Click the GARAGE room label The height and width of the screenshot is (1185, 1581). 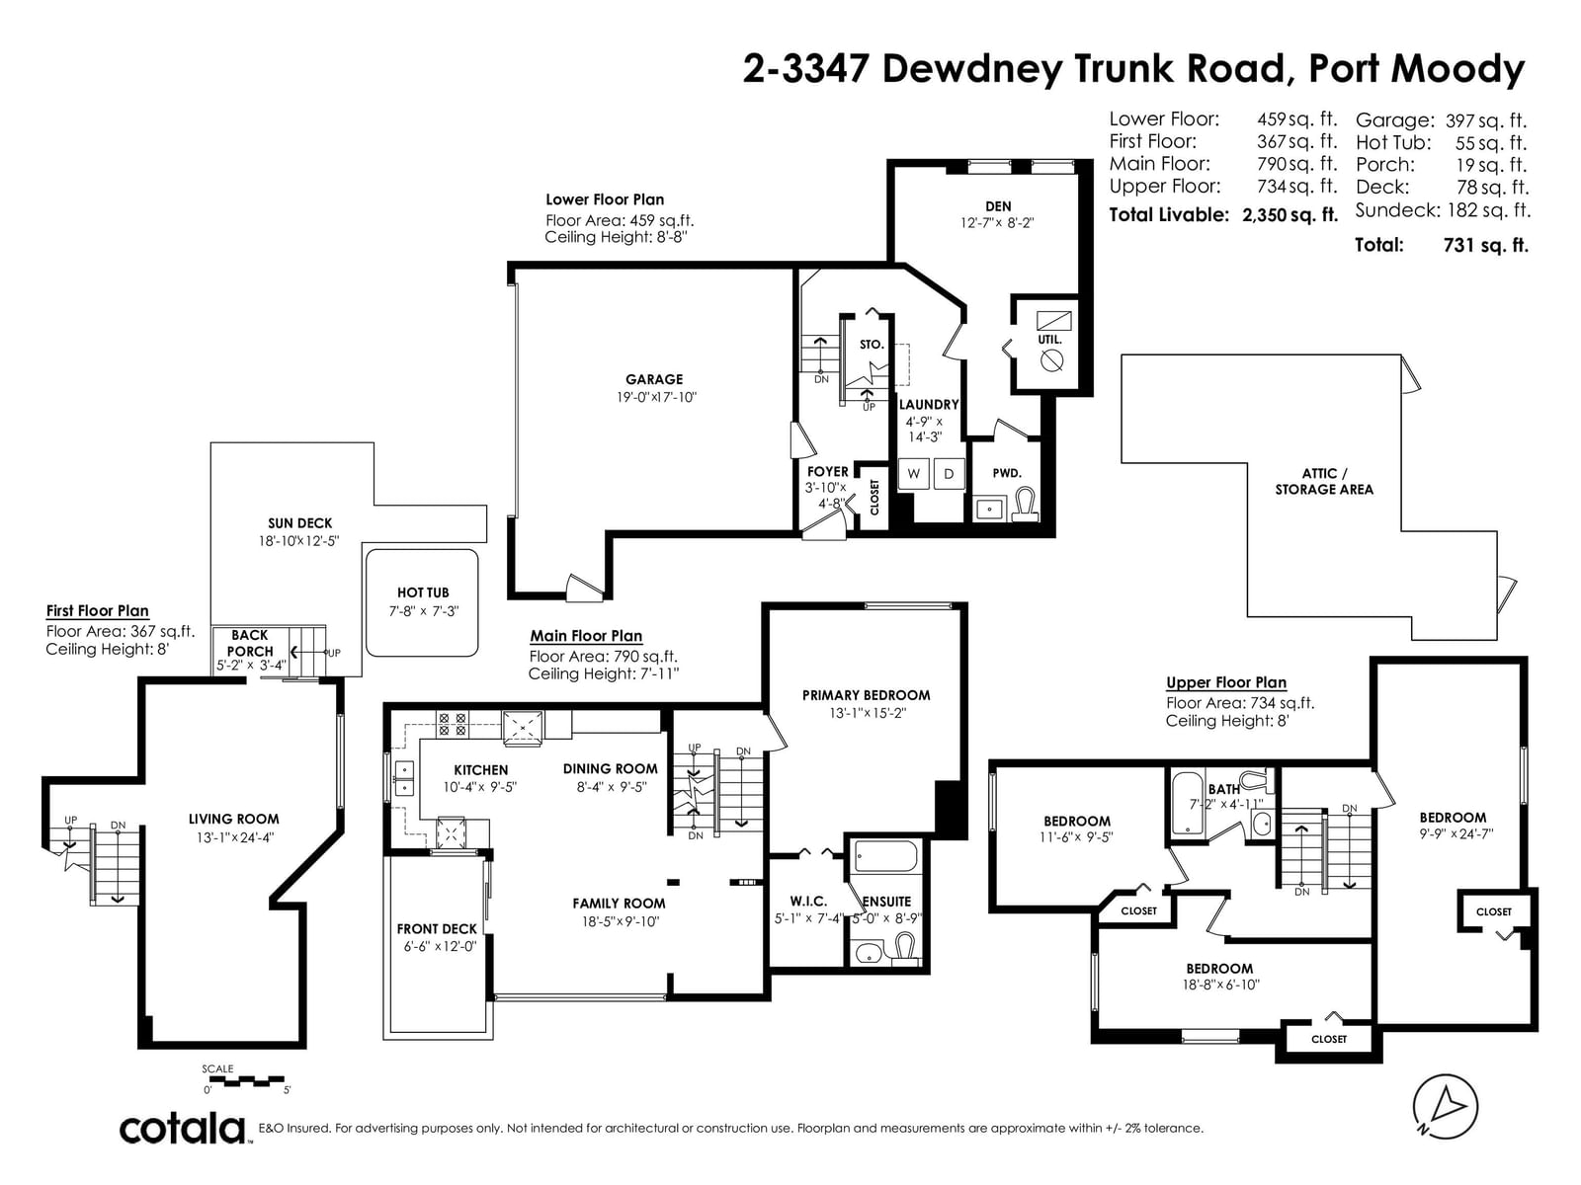click(653, 379)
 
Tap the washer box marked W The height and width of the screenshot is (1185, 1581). click(913, 474)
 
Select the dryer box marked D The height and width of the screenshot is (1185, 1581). click(949, 474)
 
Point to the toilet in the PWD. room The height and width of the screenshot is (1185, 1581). click(1026, 504)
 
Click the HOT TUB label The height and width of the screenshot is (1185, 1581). click(423, 592)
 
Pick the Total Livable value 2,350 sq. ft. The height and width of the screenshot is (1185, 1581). click(1290, 214)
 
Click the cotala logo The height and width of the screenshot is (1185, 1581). click(183, 1130)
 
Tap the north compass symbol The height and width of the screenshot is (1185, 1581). click(1445, 1107)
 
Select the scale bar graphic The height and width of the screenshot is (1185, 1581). click(246, 1081)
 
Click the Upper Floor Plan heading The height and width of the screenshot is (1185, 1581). click(1226, 682)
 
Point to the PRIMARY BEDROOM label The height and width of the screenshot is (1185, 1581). click(866, 695)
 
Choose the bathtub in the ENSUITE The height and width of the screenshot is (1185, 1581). click(885, 857)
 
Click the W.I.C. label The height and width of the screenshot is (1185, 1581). click(808, 901)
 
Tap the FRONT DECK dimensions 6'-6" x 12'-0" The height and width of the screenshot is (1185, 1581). click(440, 946)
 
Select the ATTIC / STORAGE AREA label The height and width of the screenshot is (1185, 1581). click(1324, 481)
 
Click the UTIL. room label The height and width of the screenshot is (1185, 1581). click(1049, 339)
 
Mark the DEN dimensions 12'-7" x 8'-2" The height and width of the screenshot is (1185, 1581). click(997, 223)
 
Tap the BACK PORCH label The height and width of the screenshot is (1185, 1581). click(250, 643)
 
